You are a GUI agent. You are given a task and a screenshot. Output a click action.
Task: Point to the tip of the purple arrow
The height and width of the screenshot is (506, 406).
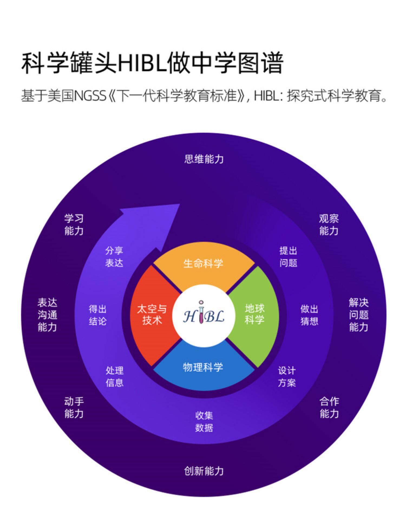[x=180, y=204]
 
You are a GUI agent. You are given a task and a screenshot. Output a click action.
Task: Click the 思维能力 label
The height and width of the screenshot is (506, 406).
[x=204, y=159]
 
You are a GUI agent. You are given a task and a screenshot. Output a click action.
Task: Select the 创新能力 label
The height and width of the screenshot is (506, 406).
[x=204, y=471]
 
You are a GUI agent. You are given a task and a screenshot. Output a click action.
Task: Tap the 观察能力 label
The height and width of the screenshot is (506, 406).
[x=329, y=225]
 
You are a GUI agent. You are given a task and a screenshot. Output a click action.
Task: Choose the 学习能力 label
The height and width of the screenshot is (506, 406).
[x=74, y=225]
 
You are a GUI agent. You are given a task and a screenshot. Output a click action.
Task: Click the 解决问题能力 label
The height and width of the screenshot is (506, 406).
[x=359, y=315]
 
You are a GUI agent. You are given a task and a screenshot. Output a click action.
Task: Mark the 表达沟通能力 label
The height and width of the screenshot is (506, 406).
[x=47, y=315]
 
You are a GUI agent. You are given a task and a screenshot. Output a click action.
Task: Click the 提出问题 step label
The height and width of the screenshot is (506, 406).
[x=288, y=257]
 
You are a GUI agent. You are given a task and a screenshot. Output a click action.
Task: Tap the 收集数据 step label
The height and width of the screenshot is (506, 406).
[x=204, y=422]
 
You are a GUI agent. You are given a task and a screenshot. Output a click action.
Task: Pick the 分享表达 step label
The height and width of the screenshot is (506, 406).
[x=114, y=257]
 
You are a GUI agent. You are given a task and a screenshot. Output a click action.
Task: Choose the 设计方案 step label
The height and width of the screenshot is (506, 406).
[x=287, y=377]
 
